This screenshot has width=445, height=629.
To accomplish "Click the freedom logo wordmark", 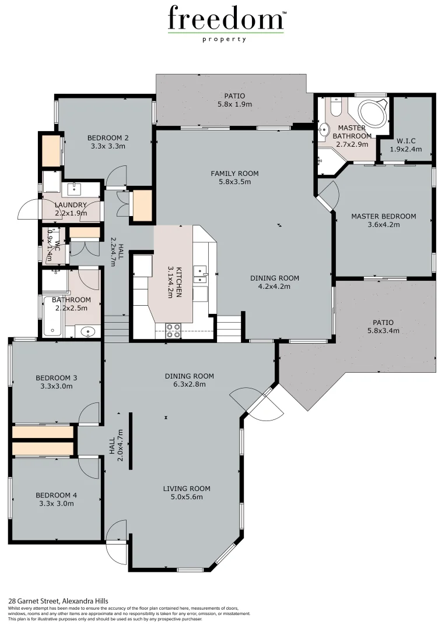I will [x=226, y=19].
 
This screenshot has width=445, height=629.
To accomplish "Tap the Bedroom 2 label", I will [x=108, y=138].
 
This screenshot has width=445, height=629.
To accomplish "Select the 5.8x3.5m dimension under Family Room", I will [x=234, y=182].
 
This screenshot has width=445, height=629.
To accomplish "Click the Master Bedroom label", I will [x=383, y=216].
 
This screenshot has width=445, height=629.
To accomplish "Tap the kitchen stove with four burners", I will [x=173, y=330].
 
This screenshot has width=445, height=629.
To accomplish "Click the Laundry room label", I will [x=70, y=205].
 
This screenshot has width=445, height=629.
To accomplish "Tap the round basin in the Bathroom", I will [x=87, y=332].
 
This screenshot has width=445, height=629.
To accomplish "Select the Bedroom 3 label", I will [x=56, y=377].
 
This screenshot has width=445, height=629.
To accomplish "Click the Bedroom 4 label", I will [x=56, y=496].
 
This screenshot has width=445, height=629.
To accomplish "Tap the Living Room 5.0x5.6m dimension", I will [x=186, y=497].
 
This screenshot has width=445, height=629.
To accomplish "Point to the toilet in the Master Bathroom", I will [x=337, y=108].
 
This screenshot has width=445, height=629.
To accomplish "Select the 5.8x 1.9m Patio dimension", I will [x=234, y=104].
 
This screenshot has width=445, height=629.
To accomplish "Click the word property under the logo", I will [x=225, y=40].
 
